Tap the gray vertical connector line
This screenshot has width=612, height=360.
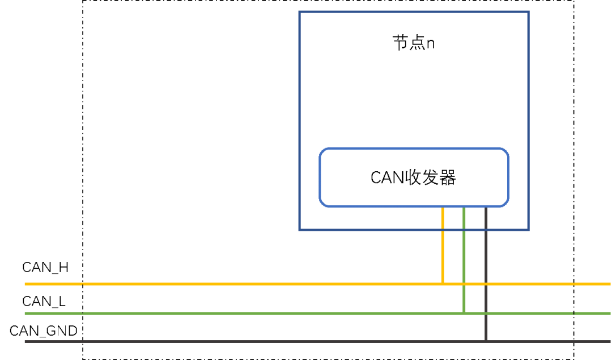click(486, 255)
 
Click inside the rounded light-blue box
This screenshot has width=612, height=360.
click(414, 177)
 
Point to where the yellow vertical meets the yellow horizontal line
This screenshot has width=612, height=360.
click(443, 283)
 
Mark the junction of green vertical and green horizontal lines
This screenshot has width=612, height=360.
click(464, 313)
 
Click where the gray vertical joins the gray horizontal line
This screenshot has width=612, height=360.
click(486, 341)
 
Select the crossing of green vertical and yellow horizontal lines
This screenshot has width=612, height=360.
click(464, 283)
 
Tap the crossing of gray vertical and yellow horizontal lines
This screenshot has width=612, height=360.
click(486, 283)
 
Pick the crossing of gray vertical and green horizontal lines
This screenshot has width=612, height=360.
click(486, 313)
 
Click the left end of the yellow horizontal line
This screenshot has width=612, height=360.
click(25, 283)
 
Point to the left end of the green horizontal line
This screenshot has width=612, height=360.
click(25, 313)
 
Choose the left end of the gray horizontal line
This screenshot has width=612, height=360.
click(25, 341)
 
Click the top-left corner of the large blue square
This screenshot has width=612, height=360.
click(299, 11)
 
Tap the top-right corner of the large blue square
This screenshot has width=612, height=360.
click(529, 11)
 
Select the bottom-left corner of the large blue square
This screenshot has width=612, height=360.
click(299, 230)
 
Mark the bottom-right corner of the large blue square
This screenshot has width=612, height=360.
click(529, 230)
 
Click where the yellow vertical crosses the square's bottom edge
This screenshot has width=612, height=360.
click(443, 230)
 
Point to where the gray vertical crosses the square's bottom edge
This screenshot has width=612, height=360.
click(486, 230)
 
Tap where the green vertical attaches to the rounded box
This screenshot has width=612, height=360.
click(464, 207)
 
